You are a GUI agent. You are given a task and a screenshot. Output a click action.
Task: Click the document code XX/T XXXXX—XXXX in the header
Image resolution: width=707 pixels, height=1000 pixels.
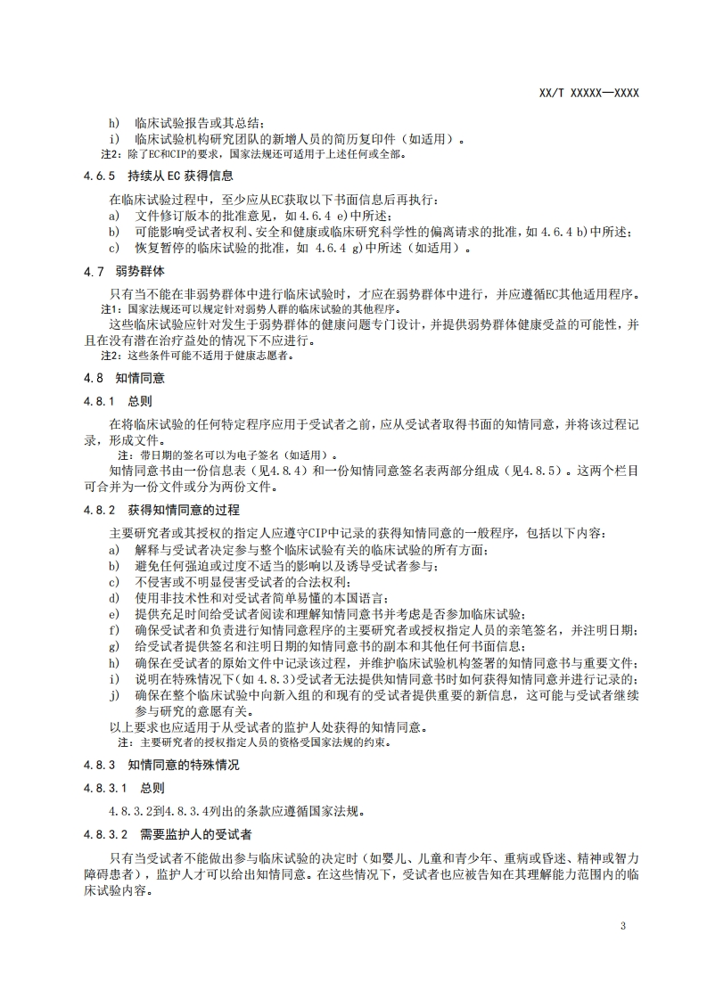coord(589,93)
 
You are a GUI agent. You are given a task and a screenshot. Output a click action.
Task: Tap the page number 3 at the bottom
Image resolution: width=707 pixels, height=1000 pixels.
coord(622,926)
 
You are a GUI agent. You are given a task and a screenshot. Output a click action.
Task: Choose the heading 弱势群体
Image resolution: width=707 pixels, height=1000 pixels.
coord(139,270)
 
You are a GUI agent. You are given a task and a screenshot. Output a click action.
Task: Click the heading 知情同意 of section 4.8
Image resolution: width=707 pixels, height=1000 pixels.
coord(139,378)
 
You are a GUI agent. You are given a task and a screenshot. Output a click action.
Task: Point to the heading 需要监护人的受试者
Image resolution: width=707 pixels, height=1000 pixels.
coord(195,834)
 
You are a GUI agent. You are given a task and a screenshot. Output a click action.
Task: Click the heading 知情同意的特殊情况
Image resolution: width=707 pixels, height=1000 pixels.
coord(184,766)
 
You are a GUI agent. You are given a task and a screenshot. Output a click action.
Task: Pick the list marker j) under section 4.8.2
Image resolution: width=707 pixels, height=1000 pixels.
coord(113,694)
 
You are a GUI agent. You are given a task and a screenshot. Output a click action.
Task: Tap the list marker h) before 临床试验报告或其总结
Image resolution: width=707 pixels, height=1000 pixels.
coord(113,123)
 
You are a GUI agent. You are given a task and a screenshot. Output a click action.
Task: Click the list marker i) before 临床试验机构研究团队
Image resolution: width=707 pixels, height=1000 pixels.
coord(113,139)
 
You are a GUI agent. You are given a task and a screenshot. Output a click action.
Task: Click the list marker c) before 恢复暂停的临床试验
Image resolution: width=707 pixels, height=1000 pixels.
coord(113,249)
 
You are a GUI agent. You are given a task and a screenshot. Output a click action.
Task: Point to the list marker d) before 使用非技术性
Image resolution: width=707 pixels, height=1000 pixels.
coord(113,598)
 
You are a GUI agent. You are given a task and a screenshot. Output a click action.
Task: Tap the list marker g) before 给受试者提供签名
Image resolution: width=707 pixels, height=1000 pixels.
coord(113,646)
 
